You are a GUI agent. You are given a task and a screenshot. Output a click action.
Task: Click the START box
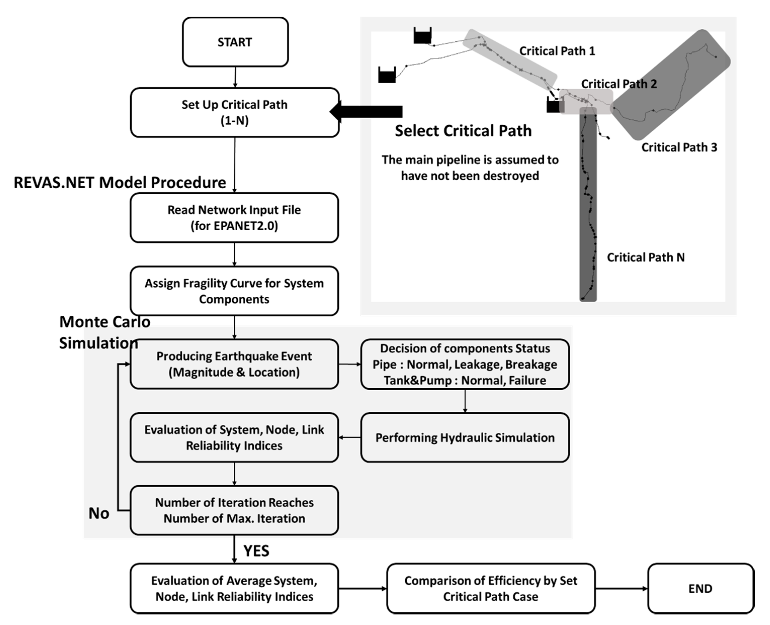tap(235, 42)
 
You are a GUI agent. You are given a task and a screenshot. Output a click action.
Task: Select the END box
tap(700, 588)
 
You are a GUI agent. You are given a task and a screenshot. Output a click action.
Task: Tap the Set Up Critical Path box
tap(235, 112)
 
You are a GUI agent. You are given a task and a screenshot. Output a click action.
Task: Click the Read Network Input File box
tap(234, 218)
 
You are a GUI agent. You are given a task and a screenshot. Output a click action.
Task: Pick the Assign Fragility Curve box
tap(234, 291)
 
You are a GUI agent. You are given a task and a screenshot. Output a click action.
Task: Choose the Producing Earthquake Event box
tap(234, 364)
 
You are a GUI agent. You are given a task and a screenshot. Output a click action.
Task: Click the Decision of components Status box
tap(465, 364)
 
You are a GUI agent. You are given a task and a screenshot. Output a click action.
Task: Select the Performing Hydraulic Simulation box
tap(465, 437)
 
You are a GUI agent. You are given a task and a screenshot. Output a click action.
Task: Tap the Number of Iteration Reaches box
tap(234, 510)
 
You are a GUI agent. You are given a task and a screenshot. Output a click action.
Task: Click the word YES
tap(256, 551)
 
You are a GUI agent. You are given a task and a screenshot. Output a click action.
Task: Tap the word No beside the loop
tap(99, 513)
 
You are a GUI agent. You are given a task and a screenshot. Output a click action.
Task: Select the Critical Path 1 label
tap(557, 51)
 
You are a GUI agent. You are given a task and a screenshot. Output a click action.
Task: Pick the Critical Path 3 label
tap(679, 147)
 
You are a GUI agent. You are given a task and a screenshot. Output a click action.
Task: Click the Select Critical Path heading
tap(463, 131)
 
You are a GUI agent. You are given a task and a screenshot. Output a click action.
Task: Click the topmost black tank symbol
tap(422, 36)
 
